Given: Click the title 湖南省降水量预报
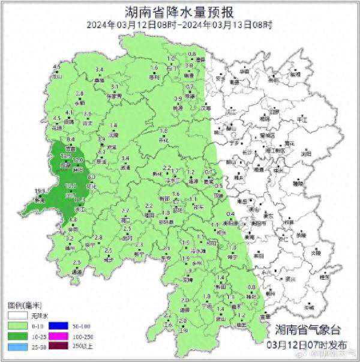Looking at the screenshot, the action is point(179,11).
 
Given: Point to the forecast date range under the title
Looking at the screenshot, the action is point(179,25).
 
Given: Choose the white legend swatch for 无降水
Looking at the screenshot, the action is point(17,314).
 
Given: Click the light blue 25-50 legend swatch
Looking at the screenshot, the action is point(17,346).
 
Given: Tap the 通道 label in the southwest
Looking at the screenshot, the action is point(76,272).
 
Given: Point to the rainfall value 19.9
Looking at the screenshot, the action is point(40,192).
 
